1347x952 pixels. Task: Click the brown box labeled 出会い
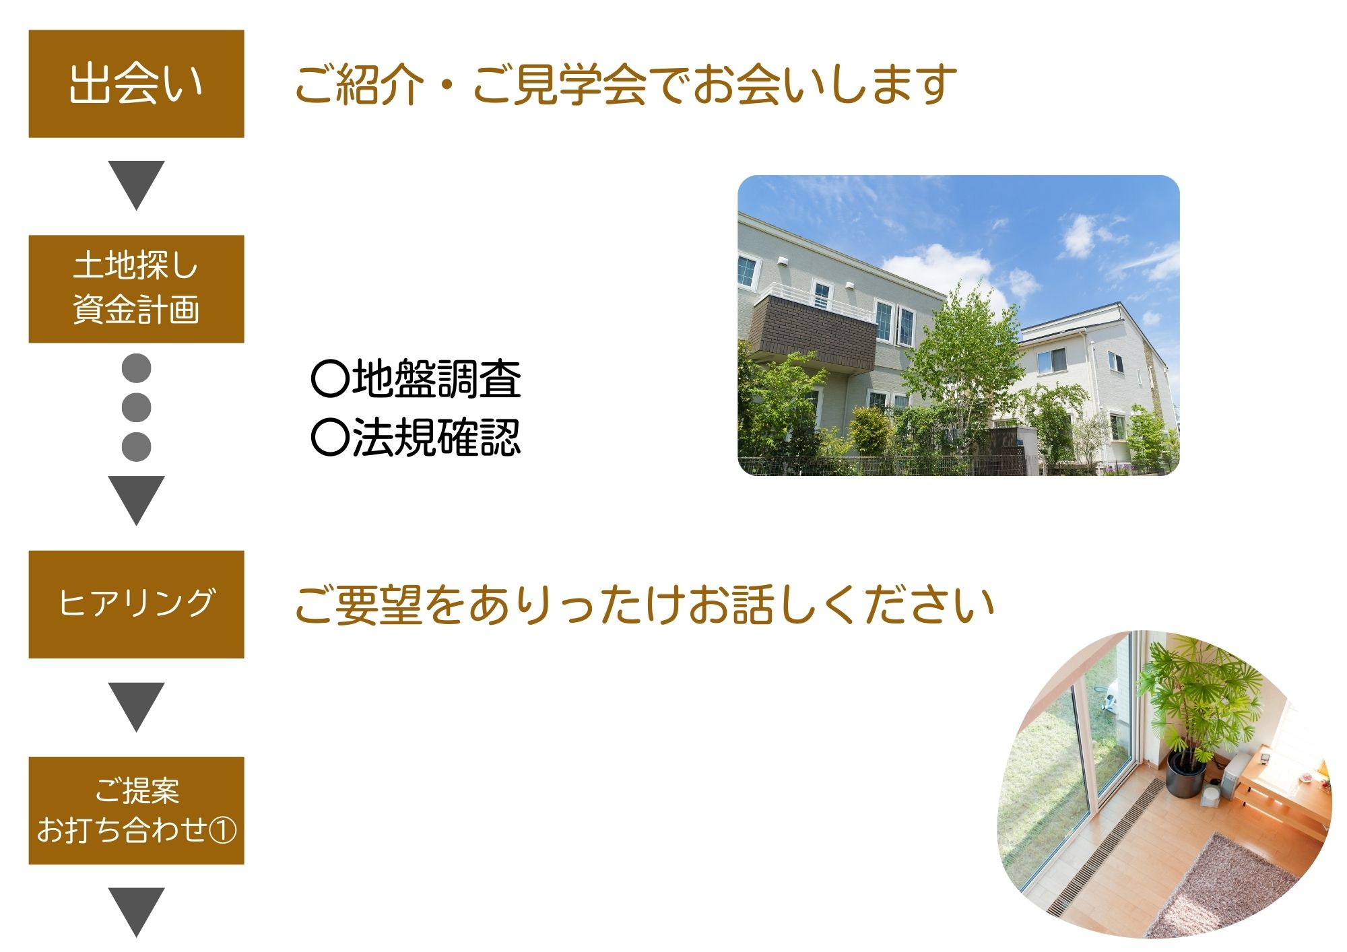tap(136, 83)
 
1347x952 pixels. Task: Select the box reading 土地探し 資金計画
tap(136, 289)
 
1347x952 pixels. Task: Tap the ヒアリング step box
tap(136, 604)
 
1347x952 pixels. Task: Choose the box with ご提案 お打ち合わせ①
tap(136, 810)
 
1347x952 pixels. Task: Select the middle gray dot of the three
tap(136, 407)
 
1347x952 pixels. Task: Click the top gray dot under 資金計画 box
tap(136, 368)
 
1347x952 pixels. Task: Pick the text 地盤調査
tap(436, 379)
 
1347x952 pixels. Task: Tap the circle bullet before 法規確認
tap(330, 438)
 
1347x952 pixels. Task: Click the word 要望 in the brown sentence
tap(379, 604)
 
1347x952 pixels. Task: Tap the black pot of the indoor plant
tap(1186, 774)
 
